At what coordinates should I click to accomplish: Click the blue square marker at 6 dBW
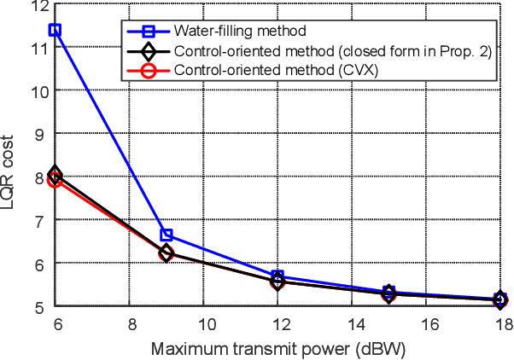click(55, 30)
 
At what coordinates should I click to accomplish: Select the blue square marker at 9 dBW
click(166, 235)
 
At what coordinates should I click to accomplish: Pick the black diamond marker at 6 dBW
click(55, 175)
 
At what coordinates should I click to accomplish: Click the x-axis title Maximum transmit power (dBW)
click(277, 350)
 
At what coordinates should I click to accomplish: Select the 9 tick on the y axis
click(38, 134)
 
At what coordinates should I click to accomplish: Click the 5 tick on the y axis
click(38, 305)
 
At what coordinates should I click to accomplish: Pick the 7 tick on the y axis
click(38, 220)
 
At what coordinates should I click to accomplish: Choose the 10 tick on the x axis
click(204, 323)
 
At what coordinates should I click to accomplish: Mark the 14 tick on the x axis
click(353, 323)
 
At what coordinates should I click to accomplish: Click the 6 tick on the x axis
click(55, 323)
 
